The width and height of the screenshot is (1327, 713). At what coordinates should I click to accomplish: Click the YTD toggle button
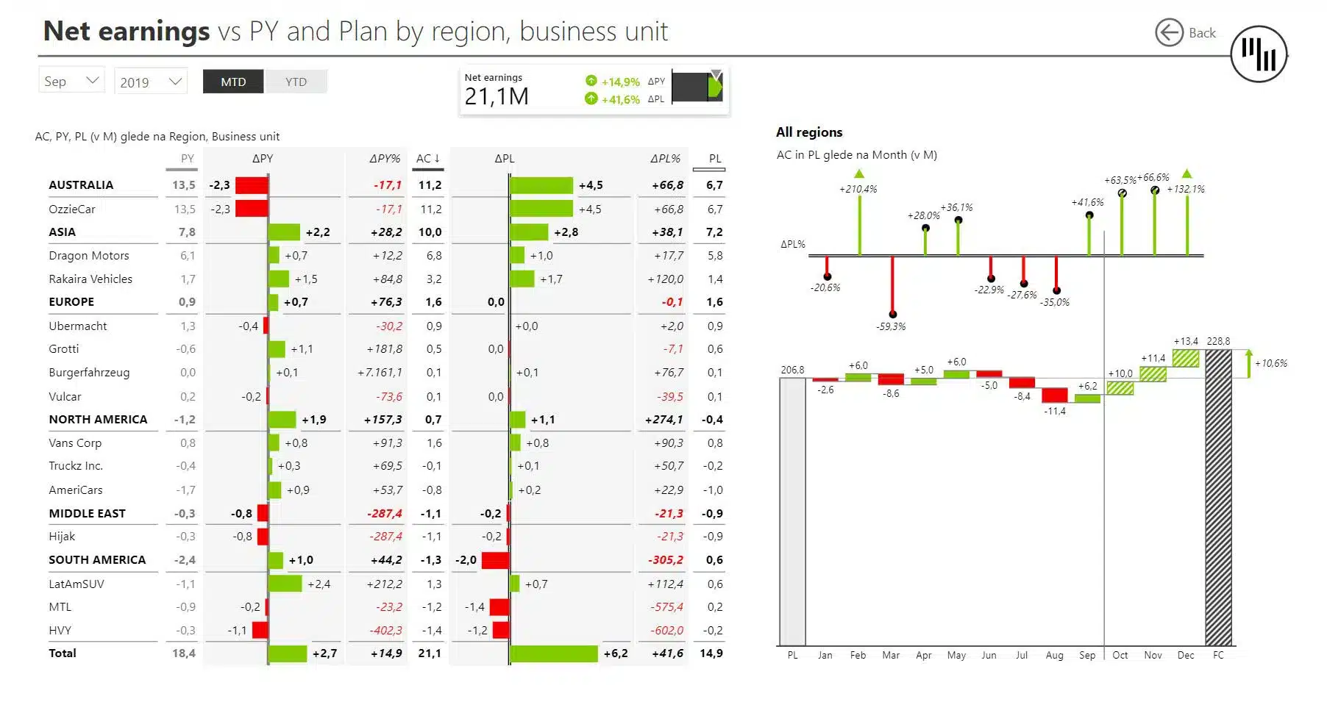(296, 82)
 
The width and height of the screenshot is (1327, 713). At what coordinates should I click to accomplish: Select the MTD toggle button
(233, 82)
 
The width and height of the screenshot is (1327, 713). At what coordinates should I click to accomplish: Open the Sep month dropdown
(71, 81)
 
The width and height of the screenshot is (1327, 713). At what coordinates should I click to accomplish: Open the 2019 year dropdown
(151, 82)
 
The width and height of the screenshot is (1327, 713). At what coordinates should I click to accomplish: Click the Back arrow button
(1169, 32)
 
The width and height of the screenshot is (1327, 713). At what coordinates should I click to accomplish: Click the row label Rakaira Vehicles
(90, 279)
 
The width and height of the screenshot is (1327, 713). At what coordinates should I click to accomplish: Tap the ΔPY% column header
(385, 158)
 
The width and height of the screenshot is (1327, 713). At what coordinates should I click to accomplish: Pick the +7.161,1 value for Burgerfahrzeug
(380, 373)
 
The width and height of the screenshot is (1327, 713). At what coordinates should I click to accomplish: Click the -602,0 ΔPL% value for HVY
(666, 631)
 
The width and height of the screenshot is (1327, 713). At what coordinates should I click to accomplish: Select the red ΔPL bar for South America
(495, 560)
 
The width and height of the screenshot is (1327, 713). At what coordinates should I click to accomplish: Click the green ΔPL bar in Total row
(553, 653)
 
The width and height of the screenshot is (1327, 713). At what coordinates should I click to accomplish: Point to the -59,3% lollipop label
(891, 326)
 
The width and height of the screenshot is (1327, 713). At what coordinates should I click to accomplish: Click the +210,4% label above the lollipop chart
(858, 189)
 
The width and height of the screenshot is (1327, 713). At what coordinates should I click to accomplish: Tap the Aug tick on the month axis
(1054, 655)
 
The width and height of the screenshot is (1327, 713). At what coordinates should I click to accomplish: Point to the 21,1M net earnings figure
(497, 96)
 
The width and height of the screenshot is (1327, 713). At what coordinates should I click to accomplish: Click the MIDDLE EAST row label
(87, 514)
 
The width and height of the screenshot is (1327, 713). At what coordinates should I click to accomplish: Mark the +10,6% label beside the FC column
(1271, 363)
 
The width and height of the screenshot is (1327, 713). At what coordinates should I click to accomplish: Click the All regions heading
(809, 132)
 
